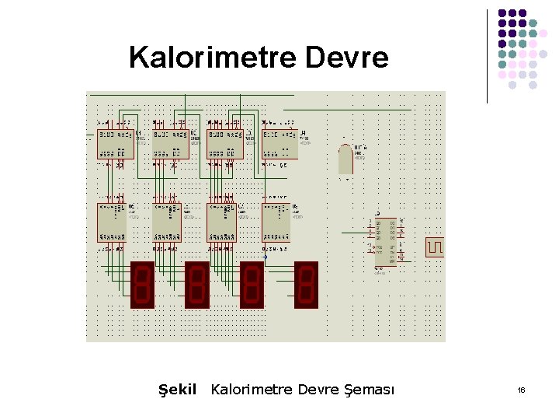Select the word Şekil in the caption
point(178,389)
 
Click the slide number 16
point(521,390)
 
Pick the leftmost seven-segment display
point(142,285)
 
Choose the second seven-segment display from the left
point(197,285)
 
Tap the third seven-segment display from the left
point(252,285)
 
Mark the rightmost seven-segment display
point(307,285)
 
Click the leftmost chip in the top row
point(115,144)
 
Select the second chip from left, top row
point(171,144)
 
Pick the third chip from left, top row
point(225,144)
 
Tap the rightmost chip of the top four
point(279,144)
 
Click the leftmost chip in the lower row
point(112,222)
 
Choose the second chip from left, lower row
point(167,222)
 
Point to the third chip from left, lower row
point(222,222)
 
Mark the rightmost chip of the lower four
point(276,222)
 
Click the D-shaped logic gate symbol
point(345,159)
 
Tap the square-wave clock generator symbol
point(435,247)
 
